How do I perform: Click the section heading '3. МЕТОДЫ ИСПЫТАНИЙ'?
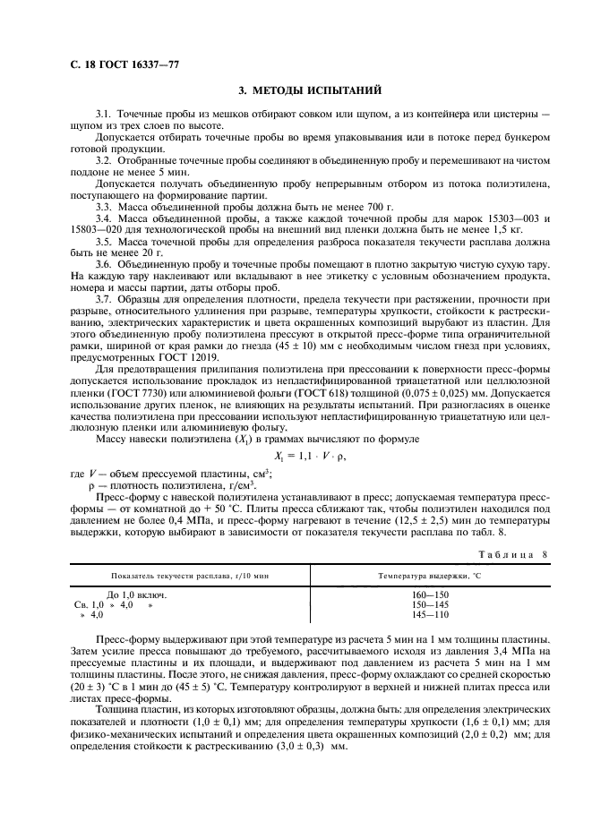point(296,90)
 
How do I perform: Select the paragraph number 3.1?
point(103,115)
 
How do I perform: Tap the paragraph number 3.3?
point(103,207)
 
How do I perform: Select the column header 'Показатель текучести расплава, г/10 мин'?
point(188,576)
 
